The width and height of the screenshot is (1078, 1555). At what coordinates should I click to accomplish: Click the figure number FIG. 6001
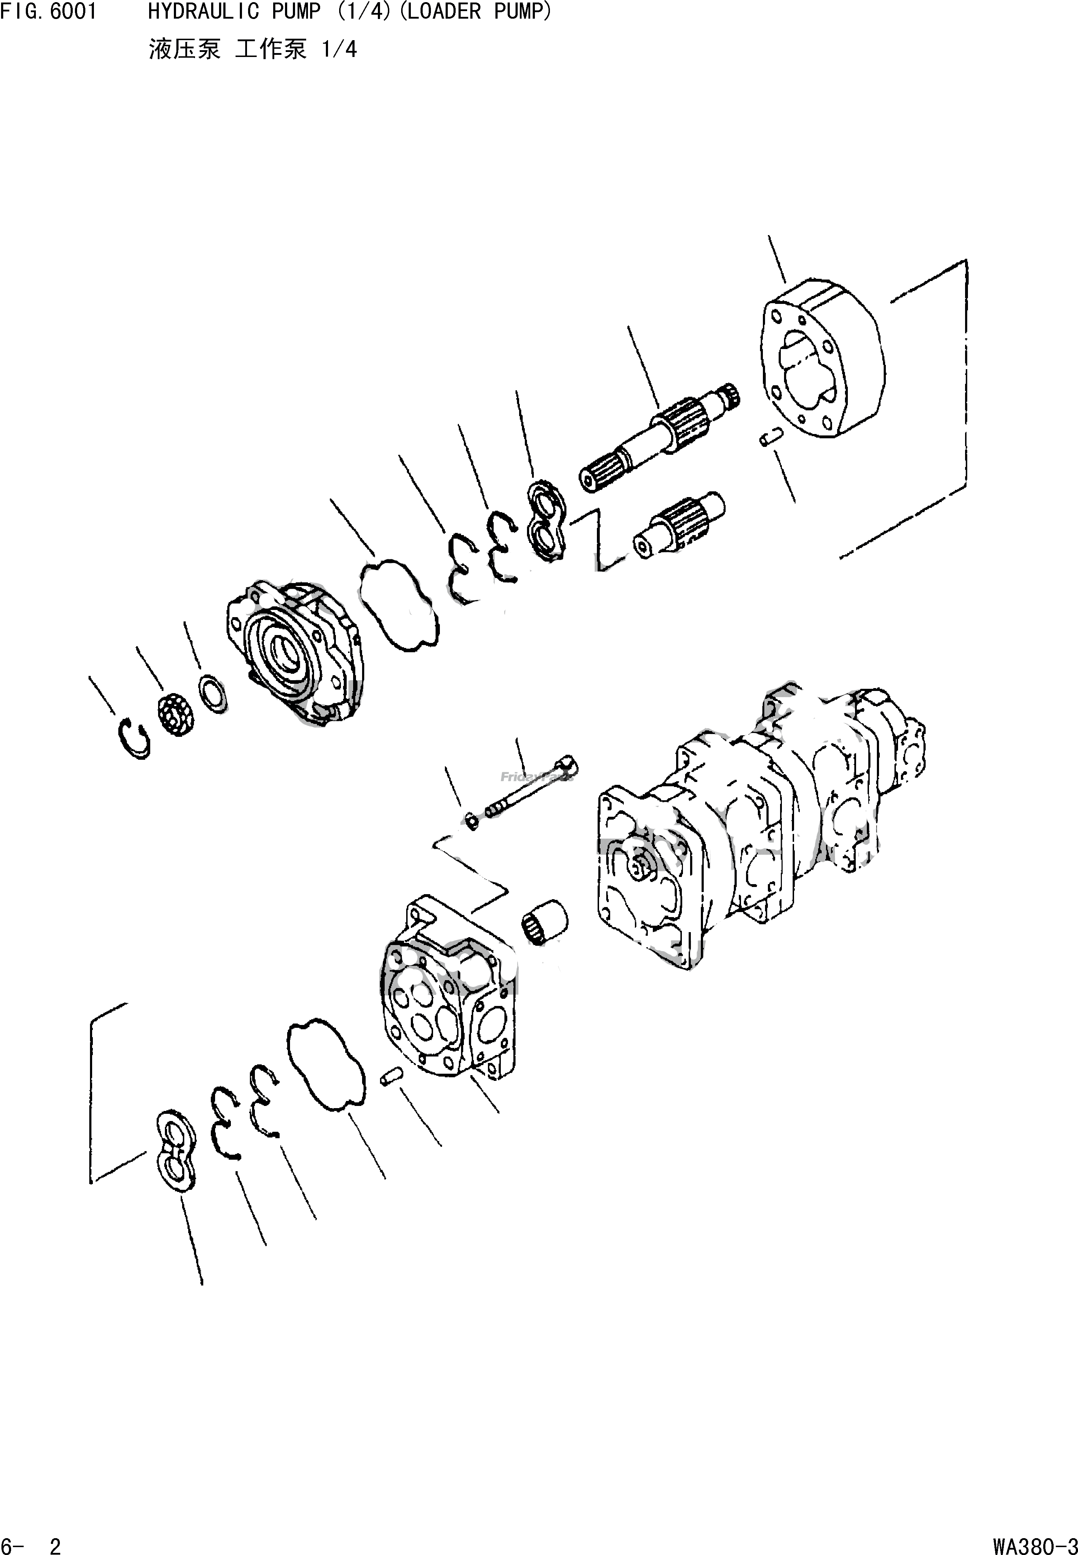[49, 12]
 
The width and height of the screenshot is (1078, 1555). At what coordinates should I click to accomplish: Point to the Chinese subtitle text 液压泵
[184, 49]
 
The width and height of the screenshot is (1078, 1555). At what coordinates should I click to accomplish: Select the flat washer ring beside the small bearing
[213, 693]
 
